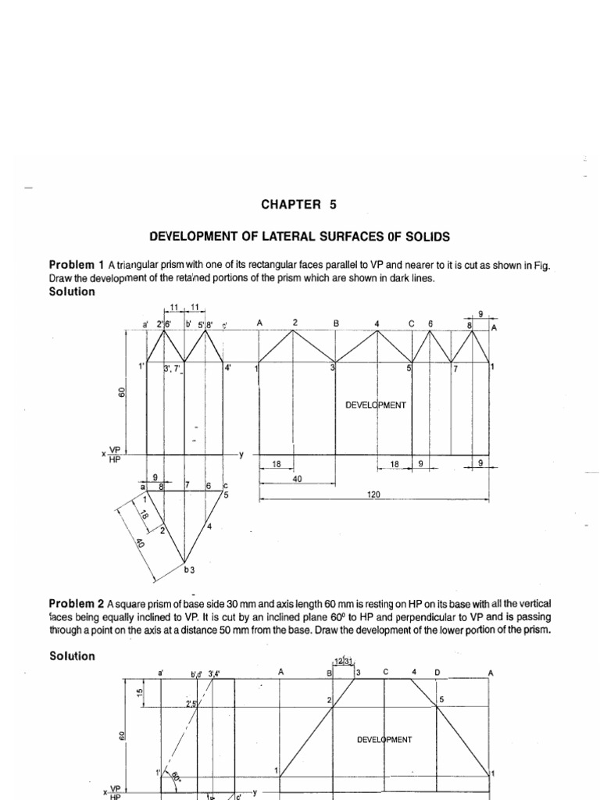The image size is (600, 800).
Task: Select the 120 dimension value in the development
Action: click(374, 495)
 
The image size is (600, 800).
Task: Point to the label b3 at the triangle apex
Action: click(188, 570)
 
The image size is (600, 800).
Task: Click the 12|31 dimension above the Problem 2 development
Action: click(344, 662)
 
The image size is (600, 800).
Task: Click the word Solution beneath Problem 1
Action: click(72, 291)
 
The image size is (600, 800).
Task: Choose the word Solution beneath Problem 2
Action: click(72, 656)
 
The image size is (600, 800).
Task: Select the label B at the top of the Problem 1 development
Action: click(335, 322)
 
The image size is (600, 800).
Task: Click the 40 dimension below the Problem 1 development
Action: click(297, 478)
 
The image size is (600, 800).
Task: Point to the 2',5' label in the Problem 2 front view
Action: click(191, 704)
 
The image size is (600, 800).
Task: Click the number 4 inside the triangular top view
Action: click(209, 527)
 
